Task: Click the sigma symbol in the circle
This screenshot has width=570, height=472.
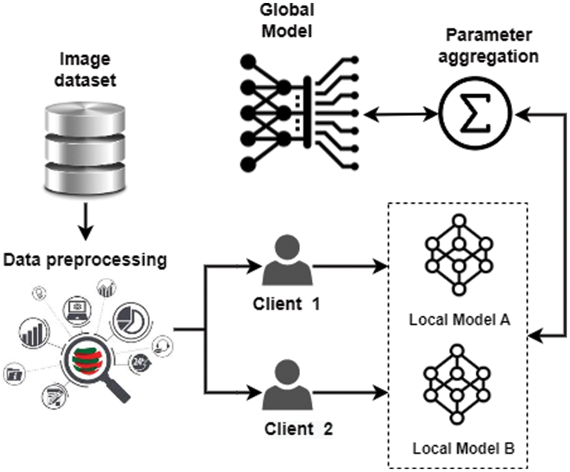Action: click(x=475, y=113)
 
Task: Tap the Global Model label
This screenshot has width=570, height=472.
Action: click(x=287, y=20)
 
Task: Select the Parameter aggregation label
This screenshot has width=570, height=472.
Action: click(x=488, y=46)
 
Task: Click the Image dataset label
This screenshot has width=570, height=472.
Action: click(x=85, y=69)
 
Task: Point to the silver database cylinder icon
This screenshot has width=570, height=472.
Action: click(x=85, y=149)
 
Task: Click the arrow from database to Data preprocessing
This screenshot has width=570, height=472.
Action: click(x=86, y=221)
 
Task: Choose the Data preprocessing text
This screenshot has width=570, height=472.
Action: click(x=85, y=261)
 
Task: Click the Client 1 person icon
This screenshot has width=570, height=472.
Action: click(x=287, y=260)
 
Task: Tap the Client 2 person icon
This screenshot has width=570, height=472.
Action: click(x=287, y=385)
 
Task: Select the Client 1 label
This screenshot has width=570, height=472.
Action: click(x=286, y=303)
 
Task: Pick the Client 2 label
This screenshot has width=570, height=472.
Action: click(x=298, y=429)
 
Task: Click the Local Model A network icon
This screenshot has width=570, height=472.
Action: click(x=459, y=255)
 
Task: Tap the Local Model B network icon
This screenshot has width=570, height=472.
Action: click(x=457, y=384)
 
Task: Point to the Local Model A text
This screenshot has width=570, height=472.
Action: click(x=460, y=320)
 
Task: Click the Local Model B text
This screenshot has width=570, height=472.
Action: click(x=463, y=448)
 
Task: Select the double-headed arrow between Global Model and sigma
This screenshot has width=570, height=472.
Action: click(x=401, y=115)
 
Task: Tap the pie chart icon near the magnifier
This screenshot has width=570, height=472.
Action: click(x=130, y=321)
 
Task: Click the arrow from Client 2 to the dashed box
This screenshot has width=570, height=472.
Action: click(x=350, y=393)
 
